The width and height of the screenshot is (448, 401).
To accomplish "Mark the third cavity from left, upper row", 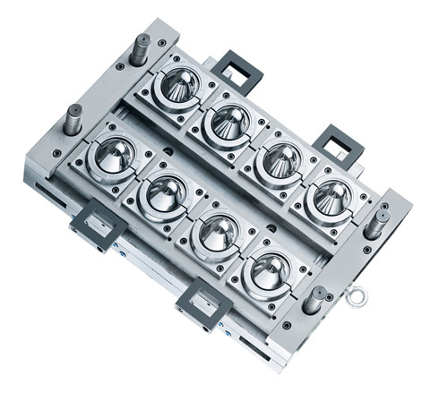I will point(280,158).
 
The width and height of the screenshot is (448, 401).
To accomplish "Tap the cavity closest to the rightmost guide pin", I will point(331,196).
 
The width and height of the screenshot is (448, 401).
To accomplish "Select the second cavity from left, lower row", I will point(166,194).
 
